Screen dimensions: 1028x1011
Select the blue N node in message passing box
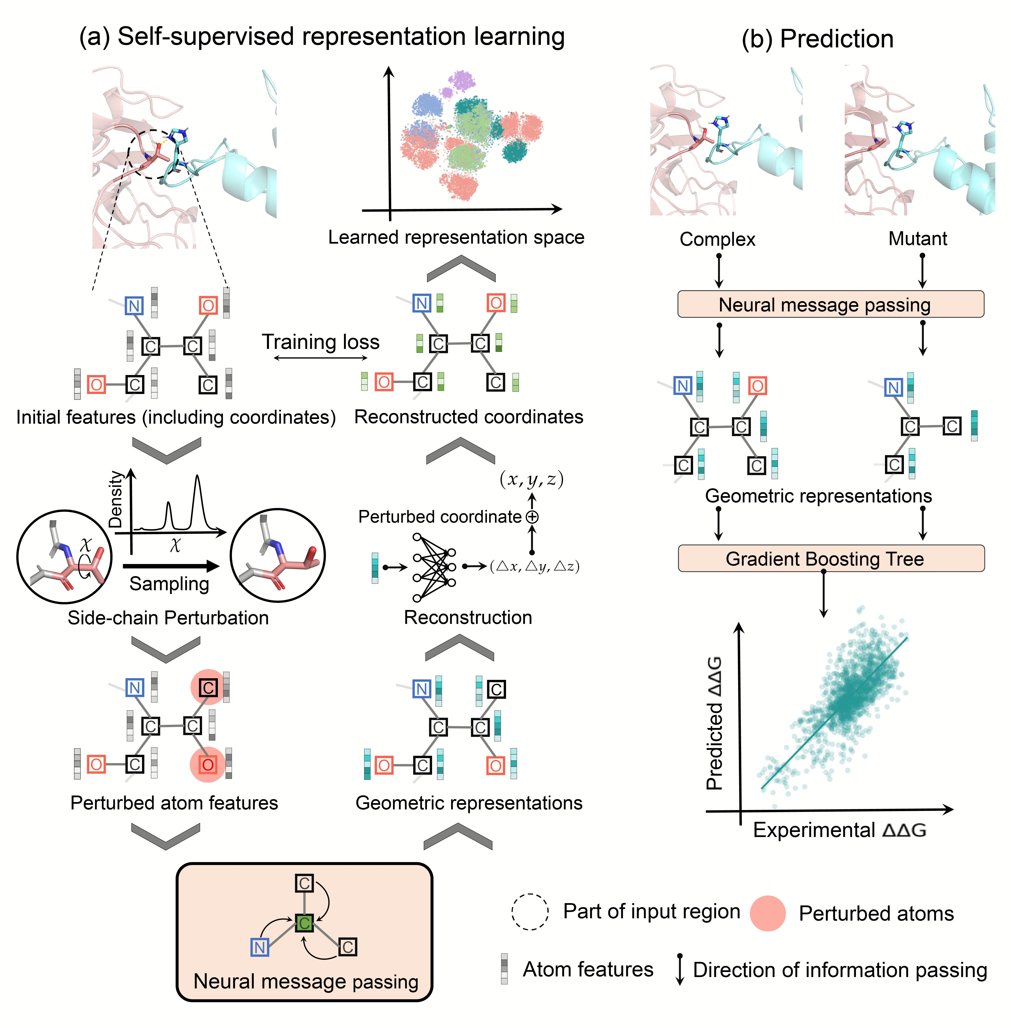tap(260, 947)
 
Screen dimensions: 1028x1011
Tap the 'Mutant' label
tap(917, 239)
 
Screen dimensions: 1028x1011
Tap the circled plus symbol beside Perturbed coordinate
tap(532, 517)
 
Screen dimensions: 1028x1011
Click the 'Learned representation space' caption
tap(456, 237)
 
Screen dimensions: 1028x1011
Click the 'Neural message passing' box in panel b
tap(830, 305)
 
